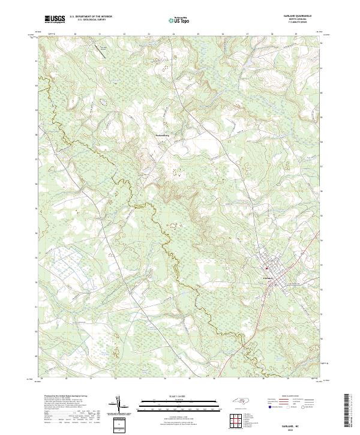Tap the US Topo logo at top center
(179, 20)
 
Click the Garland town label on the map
(268, 278)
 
